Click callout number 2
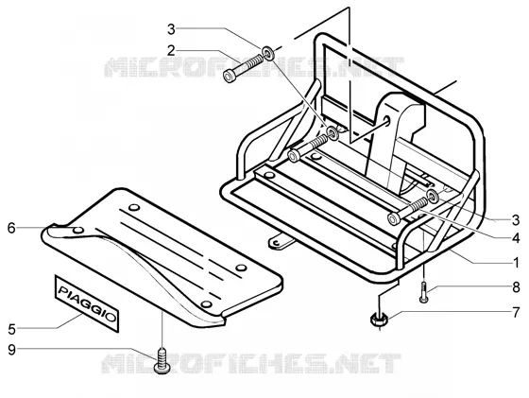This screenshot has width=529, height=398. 171,51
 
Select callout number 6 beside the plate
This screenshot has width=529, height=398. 11,228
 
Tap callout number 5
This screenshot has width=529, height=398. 11,329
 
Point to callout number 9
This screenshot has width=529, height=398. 11,350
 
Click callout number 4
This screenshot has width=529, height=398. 516,238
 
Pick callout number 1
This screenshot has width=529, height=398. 516,262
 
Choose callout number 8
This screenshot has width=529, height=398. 516,287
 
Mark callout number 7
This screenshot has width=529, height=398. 516,313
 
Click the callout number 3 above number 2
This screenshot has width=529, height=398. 171,29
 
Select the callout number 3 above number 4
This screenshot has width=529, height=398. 516,220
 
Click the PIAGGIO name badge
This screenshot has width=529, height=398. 87,303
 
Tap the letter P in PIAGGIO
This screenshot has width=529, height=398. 63,290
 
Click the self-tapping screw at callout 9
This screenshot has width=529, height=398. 162,360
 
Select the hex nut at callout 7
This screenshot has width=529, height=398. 379,320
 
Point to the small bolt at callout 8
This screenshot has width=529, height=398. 424,293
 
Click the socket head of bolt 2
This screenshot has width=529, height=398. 230,76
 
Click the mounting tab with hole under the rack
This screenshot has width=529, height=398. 280,241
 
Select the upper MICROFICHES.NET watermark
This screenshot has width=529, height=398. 254,66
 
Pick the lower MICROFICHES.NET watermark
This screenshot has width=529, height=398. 251,363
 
